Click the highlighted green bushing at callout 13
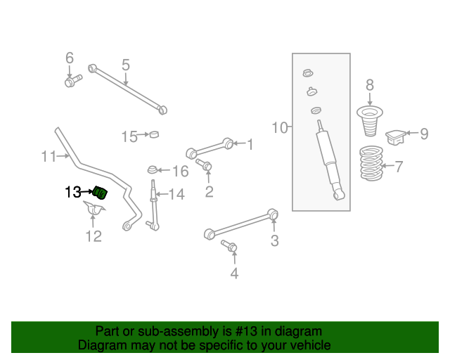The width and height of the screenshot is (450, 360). (100, 191)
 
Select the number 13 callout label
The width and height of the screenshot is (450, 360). (73, 191)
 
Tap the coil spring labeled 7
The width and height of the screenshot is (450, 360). (372, 165)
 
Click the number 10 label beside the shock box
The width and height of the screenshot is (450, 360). (280, 127)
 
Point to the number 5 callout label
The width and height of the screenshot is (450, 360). (125, 65)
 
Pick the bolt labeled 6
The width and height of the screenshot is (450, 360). (71, 83)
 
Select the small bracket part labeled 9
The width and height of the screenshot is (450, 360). (397, 134)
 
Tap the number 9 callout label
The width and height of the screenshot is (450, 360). (424, 134)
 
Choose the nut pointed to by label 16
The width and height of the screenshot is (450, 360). (151, 169)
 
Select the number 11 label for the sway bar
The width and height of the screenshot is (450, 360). (49, 156)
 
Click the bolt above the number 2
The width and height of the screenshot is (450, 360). (205, 166)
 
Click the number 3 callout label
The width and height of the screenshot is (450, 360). (274, 241)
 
